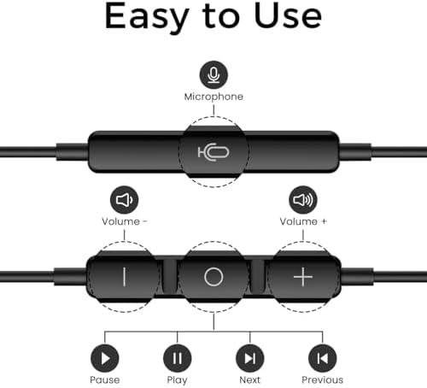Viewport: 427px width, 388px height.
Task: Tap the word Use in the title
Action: [x=288, y=15]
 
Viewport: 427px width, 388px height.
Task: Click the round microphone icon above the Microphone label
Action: [x=213, y=74]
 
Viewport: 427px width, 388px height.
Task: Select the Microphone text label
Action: [x=213, y=97]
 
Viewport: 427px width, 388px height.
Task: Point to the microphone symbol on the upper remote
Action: [x=213, y=152]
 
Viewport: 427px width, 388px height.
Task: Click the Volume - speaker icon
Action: [x=124, y=200]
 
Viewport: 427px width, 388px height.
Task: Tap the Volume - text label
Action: [x=125, y=221]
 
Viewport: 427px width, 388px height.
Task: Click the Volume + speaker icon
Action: [x=303, y=200]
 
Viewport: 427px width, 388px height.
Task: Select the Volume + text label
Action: [x=303, y=221]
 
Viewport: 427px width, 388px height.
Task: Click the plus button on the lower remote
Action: [x=303, y=277]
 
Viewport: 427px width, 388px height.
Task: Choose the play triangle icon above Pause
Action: [x=105, y=358]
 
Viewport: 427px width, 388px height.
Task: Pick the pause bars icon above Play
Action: [x=178, y=358]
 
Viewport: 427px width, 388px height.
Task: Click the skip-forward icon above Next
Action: [x=250, y=358]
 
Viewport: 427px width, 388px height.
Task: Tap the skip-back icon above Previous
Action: [x=323, y=358]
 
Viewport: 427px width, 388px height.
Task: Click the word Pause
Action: [x=105, y=379]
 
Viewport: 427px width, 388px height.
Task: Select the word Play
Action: [x=177, y=380]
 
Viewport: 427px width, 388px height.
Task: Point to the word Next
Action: [x=250, y=379]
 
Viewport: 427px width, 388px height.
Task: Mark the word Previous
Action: [x=323, y=379]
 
